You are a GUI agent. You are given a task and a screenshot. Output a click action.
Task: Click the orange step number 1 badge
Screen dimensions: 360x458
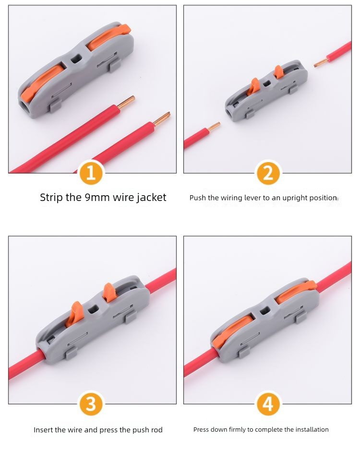[91, 173]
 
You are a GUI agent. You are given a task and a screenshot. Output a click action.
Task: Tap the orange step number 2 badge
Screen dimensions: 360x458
[268, 173]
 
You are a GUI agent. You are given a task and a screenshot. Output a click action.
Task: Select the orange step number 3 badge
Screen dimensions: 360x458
[91, 404]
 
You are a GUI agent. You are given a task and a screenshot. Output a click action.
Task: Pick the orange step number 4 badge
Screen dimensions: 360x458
[268, 404]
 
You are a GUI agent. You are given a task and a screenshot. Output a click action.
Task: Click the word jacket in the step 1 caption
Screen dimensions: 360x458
[151, 198]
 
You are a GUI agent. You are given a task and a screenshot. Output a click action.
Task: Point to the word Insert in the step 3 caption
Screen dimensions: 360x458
[42, 430]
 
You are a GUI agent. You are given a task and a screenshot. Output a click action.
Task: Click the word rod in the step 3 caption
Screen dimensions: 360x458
[157, 430]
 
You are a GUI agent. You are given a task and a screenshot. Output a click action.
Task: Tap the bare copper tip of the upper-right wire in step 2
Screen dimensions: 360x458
[320, 62]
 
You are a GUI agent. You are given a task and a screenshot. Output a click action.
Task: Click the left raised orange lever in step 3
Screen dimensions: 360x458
[73, 314]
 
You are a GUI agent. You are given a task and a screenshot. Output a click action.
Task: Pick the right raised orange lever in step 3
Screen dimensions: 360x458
[108, 293]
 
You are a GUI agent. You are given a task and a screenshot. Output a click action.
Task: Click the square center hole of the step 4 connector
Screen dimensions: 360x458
[265, 311]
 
